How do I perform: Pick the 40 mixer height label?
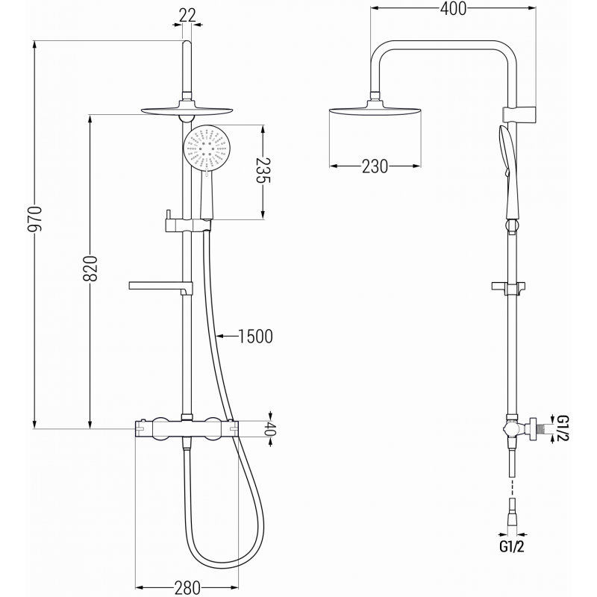coord(271,429)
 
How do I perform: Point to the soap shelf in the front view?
coord(161,285)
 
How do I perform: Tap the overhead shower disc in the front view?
coord(187,112)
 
